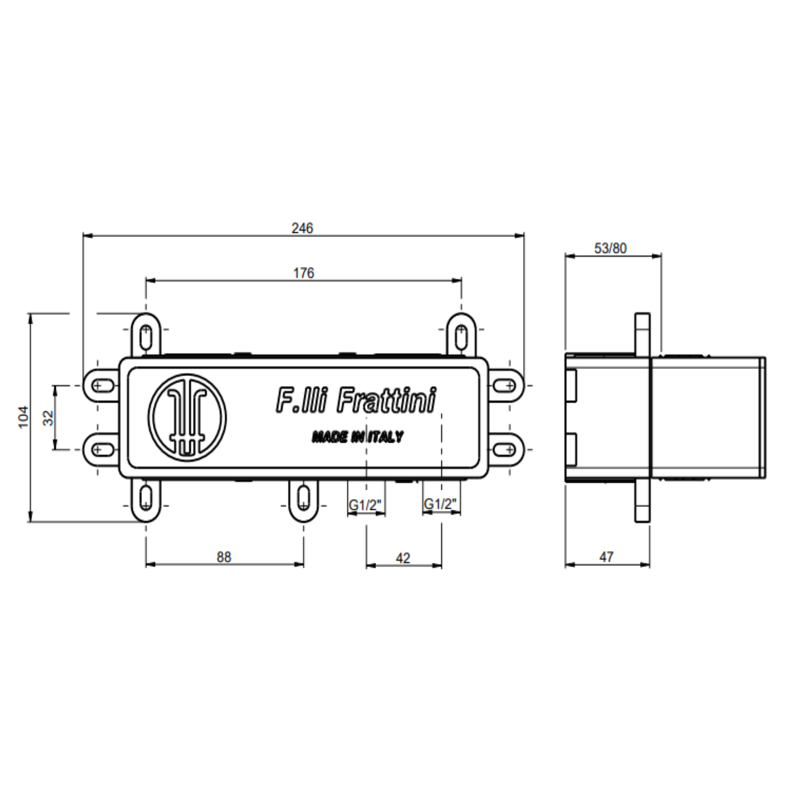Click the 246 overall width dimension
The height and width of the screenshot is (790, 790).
[x=302, y=228]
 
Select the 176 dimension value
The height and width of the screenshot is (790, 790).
[x=304, y=273]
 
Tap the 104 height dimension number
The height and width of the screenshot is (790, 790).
[x=23, y=417]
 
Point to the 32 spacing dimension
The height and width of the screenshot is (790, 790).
[x=48, y=418]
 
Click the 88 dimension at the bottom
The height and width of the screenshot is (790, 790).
[x=224, y=557]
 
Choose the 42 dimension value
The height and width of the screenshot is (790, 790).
[x=403, y=558]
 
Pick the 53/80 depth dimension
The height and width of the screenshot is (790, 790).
[x=610, y=248]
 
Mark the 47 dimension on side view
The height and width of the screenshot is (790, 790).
[x=606, y=556]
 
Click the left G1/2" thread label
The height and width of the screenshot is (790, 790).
[x=365, y=504]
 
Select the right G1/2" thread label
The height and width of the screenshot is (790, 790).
[x=440, y=504]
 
